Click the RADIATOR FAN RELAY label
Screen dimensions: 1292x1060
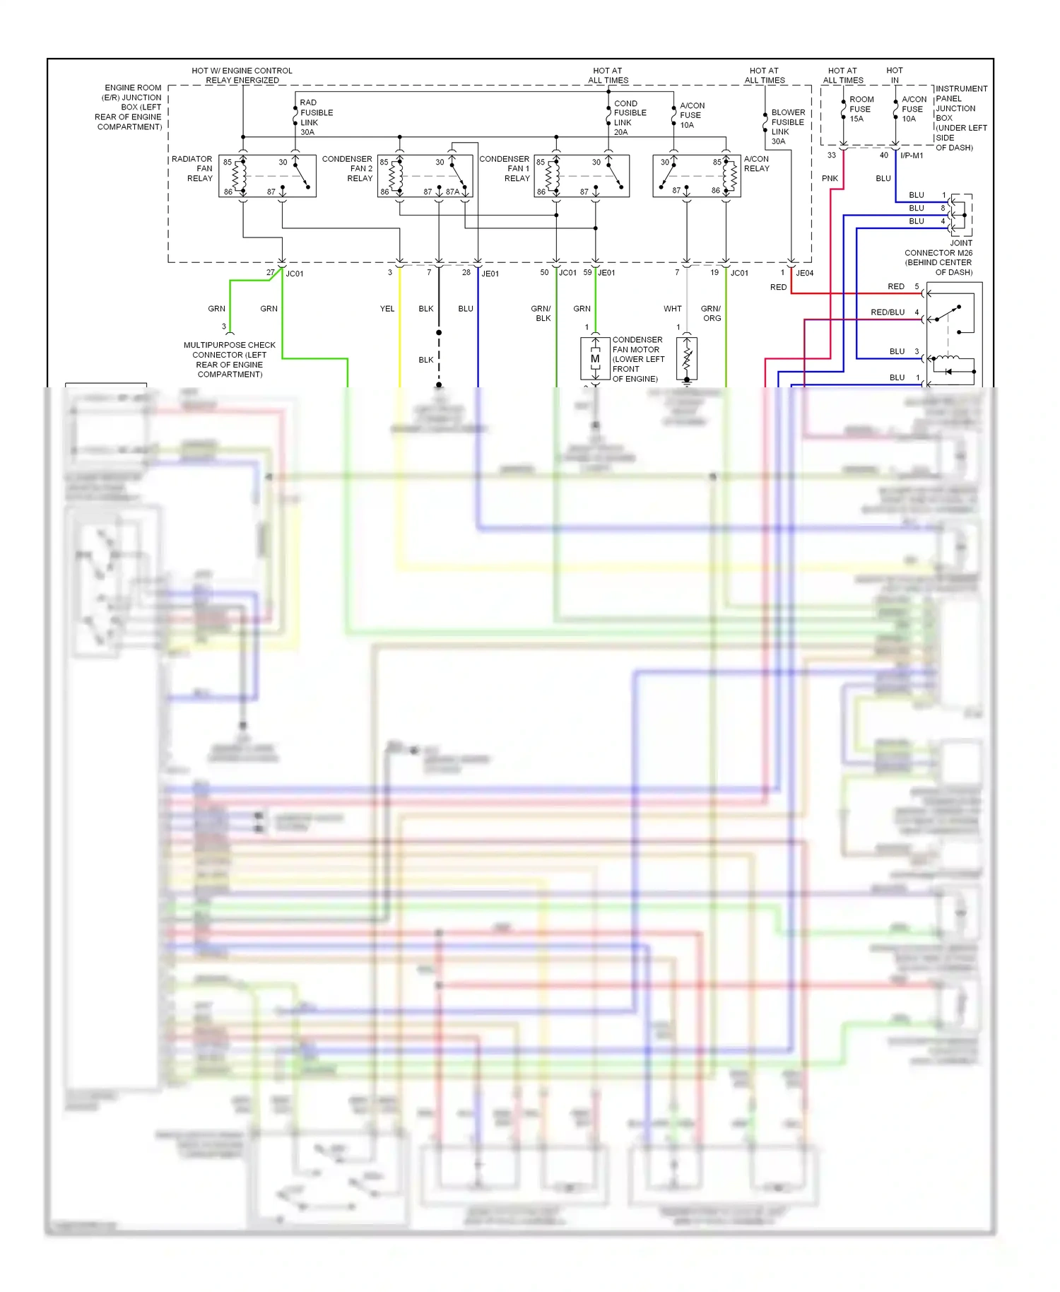point(192,169)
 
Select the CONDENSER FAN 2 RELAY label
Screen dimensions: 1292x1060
point(348,169)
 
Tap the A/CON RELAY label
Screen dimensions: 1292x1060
point(756,164)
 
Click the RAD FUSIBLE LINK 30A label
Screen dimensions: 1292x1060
point(316,117)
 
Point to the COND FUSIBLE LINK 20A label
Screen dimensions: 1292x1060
point(630,117)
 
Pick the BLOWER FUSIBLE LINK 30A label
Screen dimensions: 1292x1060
point(787,127)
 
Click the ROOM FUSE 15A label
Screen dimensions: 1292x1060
point(861,109)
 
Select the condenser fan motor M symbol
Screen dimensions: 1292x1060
point(595,359)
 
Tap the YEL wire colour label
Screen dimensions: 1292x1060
point(387,309)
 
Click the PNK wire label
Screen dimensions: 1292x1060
point(830,179)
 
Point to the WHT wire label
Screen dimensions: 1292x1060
point(672,309)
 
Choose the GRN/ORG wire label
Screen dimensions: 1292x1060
point(711,313)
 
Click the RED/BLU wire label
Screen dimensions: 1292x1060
point(887,312)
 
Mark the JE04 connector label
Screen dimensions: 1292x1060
point(804,273)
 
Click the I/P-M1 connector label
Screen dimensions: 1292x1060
point(912,155)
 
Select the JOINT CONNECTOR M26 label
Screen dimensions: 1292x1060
point(939,257)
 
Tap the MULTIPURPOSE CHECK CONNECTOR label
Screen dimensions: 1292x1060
point(230,360)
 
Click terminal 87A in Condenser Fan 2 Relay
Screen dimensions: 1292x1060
point(452,192)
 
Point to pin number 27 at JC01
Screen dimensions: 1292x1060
point(270,272)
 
